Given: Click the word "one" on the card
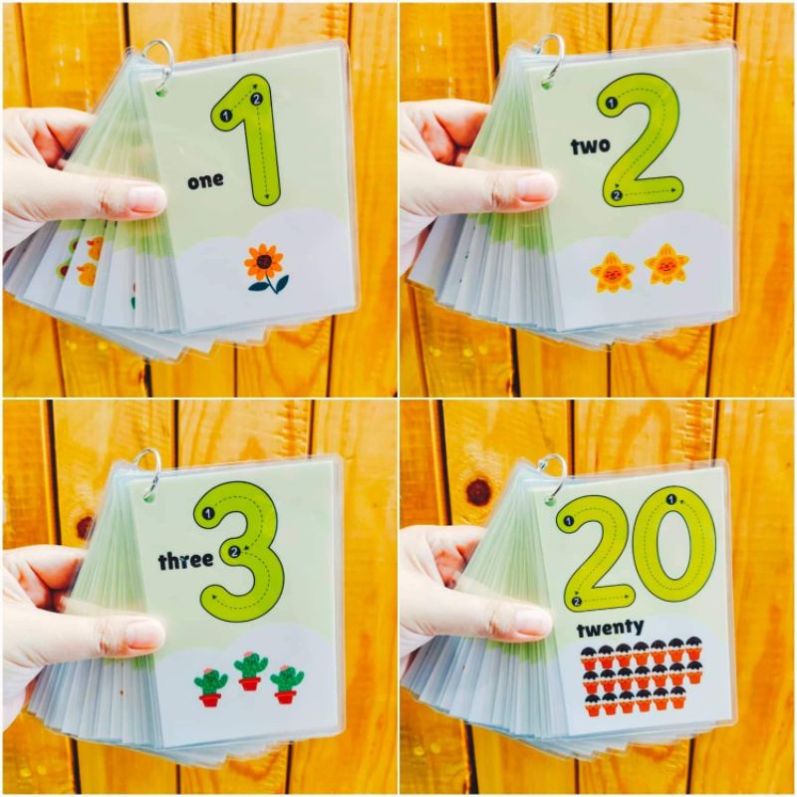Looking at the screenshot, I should (205, 180).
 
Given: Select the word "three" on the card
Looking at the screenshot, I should (185, 561).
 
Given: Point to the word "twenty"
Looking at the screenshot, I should (610, 627).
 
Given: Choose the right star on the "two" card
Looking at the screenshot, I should (665, 264).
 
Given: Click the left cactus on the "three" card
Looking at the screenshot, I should (210, 686).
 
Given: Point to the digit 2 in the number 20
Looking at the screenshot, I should (595, 551).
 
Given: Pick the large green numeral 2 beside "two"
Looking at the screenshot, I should (642, 139).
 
